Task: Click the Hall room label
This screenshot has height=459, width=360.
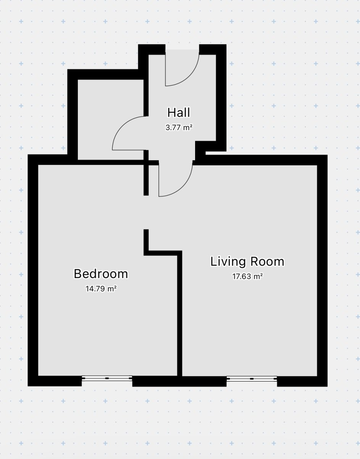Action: [179, 112]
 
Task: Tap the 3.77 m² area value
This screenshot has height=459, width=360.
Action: [179, 127]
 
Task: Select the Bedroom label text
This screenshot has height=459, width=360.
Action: [101, 274]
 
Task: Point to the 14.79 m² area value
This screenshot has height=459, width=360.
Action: [101, 288]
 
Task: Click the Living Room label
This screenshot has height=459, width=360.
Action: [247, 262]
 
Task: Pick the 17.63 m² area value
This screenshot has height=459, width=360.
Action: [247, 276]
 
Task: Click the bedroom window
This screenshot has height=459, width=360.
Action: [107, 378]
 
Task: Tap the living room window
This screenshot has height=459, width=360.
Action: [252, 379]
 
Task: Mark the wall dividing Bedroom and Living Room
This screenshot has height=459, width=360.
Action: [179, 315]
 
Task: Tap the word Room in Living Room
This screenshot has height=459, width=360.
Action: [267, 262]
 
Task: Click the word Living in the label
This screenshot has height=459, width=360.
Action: [228, 262]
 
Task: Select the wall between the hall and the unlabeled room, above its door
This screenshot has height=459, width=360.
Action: [146, 98]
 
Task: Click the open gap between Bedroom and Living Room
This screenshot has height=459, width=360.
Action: [146, 212]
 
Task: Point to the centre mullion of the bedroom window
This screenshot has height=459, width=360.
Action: [107, 378]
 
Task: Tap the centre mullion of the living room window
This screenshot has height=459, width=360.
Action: [252, 379]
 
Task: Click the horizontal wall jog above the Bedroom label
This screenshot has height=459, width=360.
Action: [163, 253]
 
